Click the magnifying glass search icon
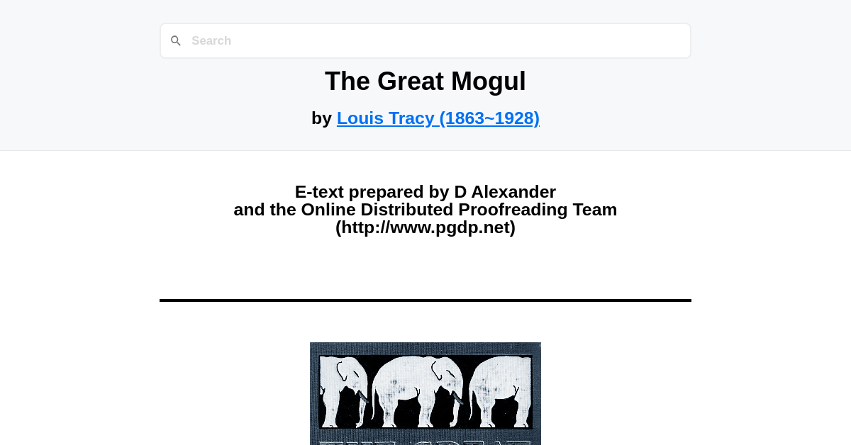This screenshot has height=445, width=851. point(176,41)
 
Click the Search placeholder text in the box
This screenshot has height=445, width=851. point(211,41)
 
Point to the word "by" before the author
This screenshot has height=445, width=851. point(321,118)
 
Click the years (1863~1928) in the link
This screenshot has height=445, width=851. point(489,118)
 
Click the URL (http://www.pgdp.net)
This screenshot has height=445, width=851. point(425,227)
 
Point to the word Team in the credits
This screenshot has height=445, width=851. point(594,210)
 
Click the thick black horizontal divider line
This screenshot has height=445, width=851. point(425,300)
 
